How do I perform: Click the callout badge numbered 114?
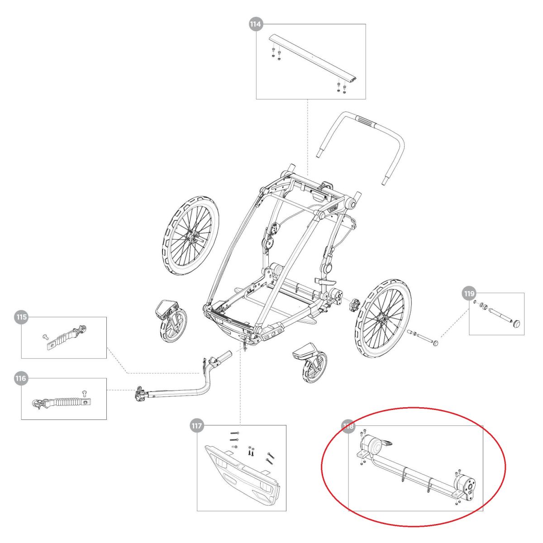pos(256,24)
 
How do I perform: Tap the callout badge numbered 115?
pos(21,317)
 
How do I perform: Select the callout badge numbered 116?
pos(21,378)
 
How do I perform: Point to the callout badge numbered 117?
pos(197,425)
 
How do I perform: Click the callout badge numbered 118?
pos(349,426)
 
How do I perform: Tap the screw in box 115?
pos(45,337)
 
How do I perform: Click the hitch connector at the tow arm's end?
pos(140,395)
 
